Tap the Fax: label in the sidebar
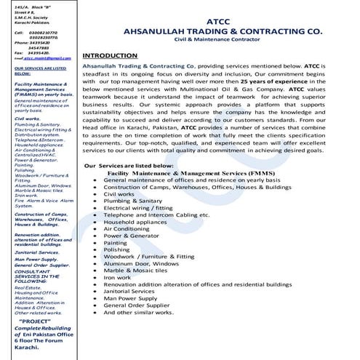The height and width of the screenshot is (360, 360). (20, 53)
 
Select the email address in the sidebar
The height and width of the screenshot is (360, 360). (46, 58)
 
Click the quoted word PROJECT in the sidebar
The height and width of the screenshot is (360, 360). (35, 300)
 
